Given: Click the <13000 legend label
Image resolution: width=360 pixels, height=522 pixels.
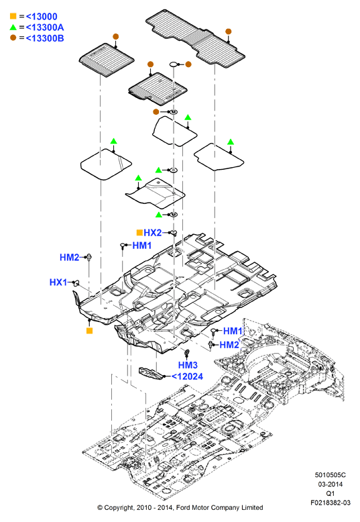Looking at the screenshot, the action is tap(42, 16).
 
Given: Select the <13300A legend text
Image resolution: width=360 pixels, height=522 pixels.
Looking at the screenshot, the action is tap(45, 28).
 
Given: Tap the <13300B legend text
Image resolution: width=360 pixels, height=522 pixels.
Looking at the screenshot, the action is tap(45, 38).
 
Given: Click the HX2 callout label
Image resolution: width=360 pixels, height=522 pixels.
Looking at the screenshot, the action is tap(152, 233).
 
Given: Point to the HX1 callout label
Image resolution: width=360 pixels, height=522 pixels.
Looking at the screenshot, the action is tap(58, 282).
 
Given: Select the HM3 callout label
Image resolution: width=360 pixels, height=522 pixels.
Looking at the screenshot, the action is tap(188, 365).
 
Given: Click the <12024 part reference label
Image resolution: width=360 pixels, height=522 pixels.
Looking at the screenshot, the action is tap(187, 376).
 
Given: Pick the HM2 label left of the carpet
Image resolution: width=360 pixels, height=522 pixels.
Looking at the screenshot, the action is tap(69, 258).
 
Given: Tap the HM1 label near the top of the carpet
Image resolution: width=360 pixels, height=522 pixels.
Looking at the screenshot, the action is tap(141, 246).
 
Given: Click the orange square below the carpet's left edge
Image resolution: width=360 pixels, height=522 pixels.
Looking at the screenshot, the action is tap(90, 331).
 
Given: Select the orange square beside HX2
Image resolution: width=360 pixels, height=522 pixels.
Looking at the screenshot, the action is tap(139, 233).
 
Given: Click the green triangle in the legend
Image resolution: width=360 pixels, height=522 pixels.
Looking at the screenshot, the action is tap(13, 27).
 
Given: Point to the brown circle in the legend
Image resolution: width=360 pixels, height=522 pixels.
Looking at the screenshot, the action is tap(13, 38).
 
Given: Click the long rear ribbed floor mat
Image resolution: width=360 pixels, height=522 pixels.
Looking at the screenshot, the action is tap(195, 37).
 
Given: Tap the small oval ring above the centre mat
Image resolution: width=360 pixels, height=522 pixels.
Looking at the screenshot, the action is tap(174, 64).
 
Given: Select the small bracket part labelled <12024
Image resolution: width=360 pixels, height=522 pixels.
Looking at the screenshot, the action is tap(151, 373).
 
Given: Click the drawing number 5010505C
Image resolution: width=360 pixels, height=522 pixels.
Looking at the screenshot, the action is tap(331, 475).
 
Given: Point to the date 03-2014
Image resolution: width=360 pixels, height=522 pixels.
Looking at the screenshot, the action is tap(331, 484).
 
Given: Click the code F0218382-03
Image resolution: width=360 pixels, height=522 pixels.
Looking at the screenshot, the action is tap(331, 503).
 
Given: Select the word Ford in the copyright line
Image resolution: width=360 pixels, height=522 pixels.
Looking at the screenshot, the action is tap(183, 508).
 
